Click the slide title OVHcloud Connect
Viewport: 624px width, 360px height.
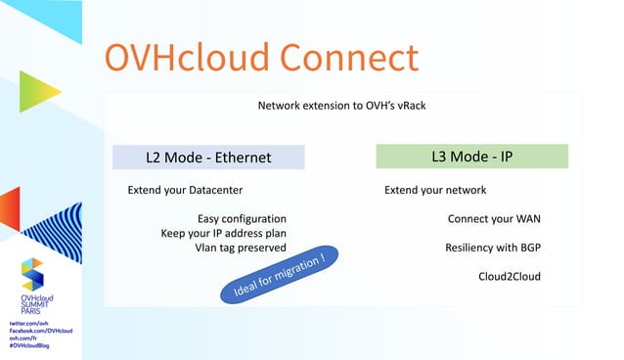click(261, 58)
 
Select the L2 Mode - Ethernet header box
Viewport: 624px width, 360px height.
click(208, 157)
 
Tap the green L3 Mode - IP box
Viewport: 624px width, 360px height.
click(471, 157)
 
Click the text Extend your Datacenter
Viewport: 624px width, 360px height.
click(185, 190)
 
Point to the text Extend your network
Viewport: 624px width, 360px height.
click(435, 190)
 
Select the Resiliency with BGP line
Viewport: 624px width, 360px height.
click(492, 247)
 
